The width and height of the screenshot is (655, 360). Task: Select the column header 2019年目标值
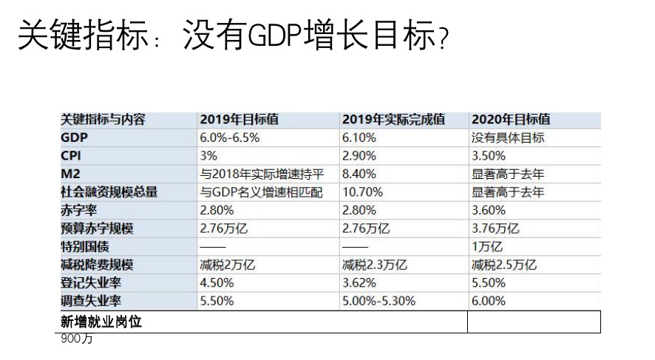(239, 120)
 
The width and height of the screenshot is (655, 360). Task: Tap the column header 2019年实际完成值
(393, 120)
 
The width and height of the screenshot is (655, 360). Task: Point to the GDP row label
(75, 137)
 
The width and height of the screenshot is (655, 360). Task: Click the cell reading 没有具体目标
(508, 137)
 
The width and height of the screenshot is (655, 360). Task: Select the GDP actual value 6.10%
(359, 137)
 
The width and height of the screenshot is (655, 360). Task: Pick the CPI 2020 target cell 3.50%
(488, 156)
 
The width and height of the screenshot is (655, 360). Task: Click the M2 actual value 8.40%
(359, 174)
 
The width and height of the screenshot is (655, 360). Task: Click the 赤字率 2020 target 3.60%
(488, 211)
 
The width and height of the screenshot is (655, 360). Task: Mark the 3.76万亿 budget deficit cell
(495, 228)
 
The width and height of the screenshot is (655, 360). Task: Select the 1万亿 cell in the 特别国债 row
(486, 247)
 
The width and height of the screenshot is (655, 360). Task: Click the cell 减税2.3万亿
(374, 265)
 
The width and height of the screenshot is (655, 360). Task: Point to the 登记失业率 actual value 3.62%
(359, 283)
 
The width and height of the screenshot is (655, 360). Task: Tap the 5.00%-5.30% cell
(379, 301)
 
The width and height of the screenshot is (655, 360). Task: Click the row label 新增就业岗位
(101, 322)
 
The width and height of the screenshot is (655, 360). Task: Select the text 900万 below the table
(77, 340)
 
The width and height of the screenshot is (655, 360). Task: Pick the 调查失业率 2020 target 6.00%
(488, 301)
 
